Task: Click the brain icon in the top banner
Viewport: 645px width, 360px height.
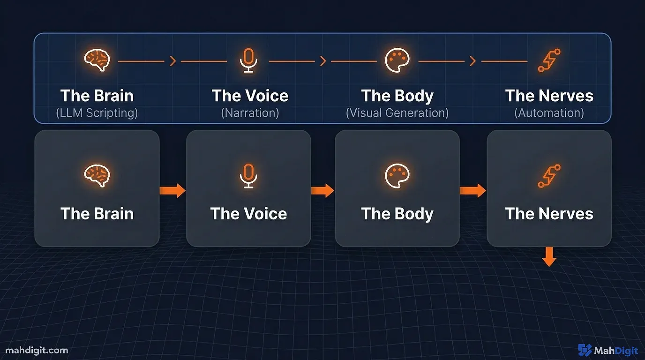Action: click(x=97, y=60)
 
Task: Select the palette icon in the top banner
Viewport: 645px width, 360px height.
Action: click(x=397, y=60)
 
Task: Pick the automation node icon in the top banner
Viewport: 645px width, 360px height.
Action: click(x=549, y=60)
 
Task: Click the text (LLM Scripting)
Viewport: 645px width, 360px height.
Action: click(x=97, y=113)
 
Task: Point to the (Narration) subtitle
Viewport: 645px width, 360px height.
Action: click(x=250, y=113)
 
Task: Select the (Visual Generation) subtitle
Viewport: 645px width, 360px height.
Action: click(x=397, y=113)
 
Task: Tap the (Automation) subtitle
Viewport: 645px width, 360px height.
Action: click(x=549, y=113)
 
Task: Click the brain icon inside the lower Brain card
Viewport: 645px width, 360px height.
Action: click(x=97, y=176)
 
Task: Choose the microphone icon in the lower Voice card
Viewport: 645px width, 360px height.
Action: click(x=248, y=176)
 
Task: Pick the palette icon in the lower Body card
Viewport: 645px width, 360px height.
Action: click(x=397, y=176)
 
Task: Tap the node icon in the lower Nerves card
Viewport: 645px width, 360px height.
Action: click(x=549, y=176)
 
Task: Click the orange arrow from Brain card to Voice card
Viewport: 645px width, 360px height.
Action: click(x=172, y=190)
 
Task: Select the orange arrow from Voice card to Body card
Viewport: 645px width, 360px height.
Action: click(x=322, y=190)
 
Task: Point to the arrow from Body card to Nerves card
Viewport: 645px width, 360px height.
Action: click(x=472, y=190)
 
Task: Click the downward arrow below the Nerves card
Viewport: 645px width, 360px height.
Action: click(x=549, y=257)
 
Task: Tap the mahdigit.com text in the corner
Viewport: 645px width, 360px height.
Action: click(x=37, y=350)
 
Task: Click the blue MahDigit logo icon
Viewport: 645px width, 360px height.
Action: click(x=585, y=350)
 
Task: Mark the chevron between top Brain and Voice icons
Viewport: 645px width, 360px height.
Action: click(x=172, y=61)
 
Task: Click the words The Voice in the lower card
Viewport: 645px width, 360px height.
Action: click(x=248, y=214)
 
